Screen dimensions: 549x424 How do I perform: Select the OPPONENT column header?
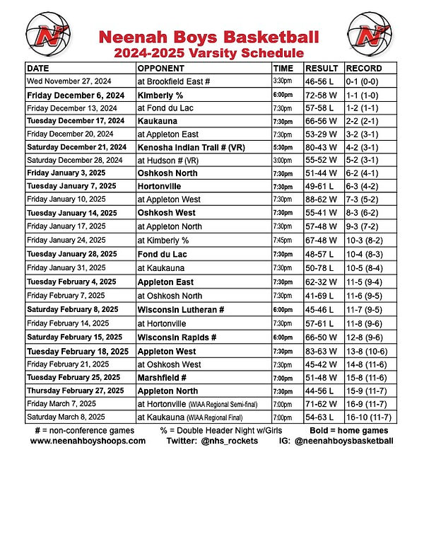(x=161, y=69)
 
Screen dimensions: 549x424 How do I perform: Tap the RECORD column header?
(x=365, y=69)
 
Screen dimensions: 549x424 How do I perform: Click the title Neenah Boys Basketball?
(x=209, y=37)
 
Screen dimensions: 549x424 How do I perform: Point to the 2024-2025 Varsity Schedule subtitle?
(x=209, y=53)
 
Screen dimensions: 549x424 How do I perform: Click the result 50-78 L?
(x=321, y=268)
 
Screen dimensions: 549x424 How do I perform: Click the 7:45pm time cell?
(x=283, y=241)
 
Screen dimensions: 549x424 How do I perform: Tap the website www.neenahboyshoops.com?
(x=88, y=440)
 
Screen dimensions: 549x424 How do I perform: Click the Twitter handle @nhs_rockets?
(x=212, y=440)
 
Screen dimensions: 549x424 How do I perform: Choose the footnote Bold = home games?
(x=348, y=430)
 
